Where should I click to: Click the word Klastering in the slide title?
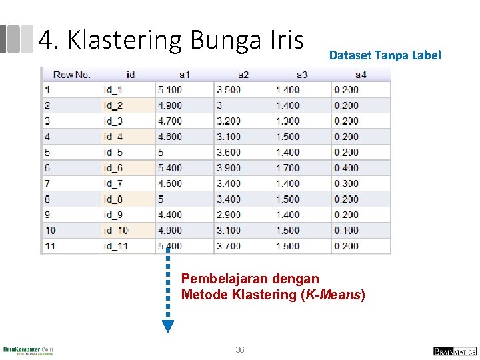[x=125, y=41]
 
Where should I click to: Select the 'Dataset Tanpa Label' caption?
[x=385, y=55]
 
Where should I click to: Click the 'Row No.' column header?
[x=71, y=75]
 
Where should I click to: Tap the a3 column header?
[x=302, y=75]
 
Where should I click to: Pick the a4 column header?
[x=361, y=75]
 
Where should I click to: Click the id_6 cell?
[x=113, y=168]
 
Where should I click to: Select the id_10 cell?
[x=115, y=231]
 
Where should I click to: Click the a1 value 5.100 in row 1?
[x=169, y=90]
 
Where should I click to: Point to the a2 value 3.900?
[x=229, y=168]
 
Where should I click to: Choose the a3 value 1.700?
[x=287, y=168]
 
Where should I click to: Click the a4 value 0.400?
[x=346, y=168]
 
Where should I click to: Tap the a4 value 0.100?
[x=346, y=231]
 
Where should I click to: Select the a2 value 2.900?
[x=229, y=215]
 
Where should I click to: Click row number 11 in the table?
[x=50, y=246]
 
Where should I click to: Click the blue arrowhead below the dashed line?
[x=168, y=326]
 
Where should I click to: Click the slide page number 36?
[x=240, y=350]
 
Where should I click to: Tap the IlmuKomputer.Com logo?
[x=28, y=350]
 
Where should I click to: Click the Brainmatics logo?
[x=455, y=351]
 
